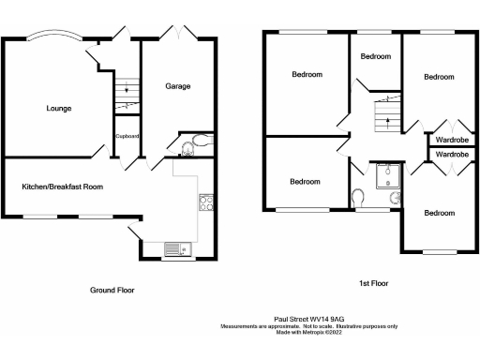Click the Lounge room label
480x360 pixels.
(59, 109)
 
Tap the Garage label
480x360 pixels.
(178, 86)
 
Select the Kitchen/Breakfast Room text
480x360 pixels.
(63, 187)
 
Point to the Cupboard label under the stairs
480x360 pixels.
(127, 136)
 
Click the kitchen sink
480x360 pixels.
(176, 248)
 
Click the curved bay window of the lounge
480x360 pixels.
(53, 37)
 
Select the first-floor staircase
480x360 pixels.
(384, 112)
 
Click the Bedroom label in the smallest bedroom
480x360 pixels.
(376, 56)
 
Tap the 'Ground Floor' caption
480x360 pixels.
(112, 290)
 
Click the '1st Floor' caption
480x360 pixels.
(374, 282)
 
